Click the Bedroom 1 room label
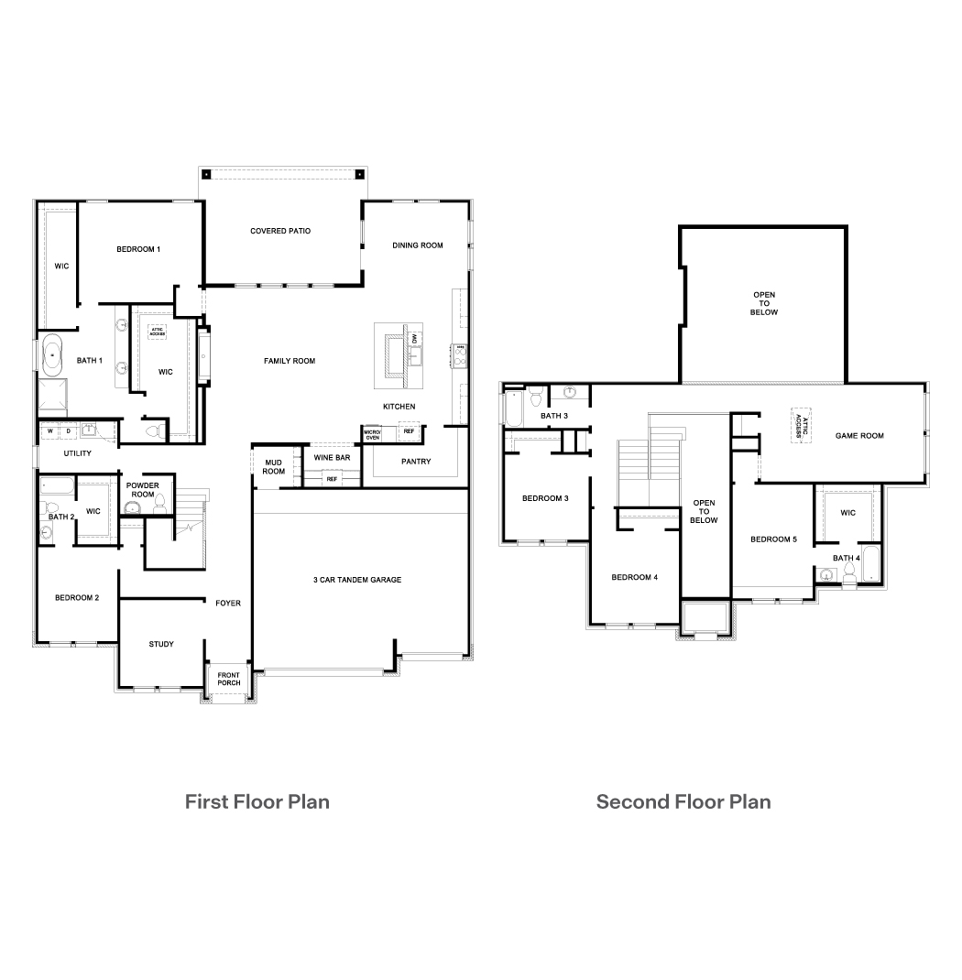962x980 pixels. click(x=138, y=249)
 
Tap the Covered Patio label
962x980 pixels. click(x=280, y=231)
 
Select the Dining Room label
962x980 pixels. click(x=418, y=245)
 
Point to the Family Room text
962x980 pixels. click(x=290, y=361)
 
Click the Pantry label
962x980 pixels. click(x=416, y=462)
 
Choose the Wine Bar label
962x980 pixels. click(x=332, y=457)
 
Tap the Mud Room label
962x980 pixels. click(x=274, y=466)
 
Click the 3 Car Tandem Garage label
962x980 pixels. click(x=357, y=580)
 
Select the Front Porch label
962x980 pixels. click(x=229, y=679)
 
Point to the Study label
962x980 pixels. click(x=161, y=644)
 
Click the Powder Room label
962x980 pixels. click(x=142, y=490)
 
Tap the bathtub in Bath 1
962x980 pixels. click(x=52, y=354)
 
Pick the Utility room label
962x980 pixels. click(x=77, y=453)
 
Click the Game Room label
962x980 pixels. click(x=859, y=436)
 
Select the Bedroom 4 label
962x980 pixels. click(x=635, y=577)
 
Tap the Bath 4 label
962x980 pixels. click(x=846, y=558)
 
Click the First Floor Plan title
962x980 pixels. click(x=257, y=802)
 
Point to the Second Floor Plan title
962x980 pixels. click(x=683, y=802)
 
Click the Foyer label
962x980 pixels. click(x=228, y=603)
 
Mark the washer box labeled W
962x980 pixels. click(x=50, y=430)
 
